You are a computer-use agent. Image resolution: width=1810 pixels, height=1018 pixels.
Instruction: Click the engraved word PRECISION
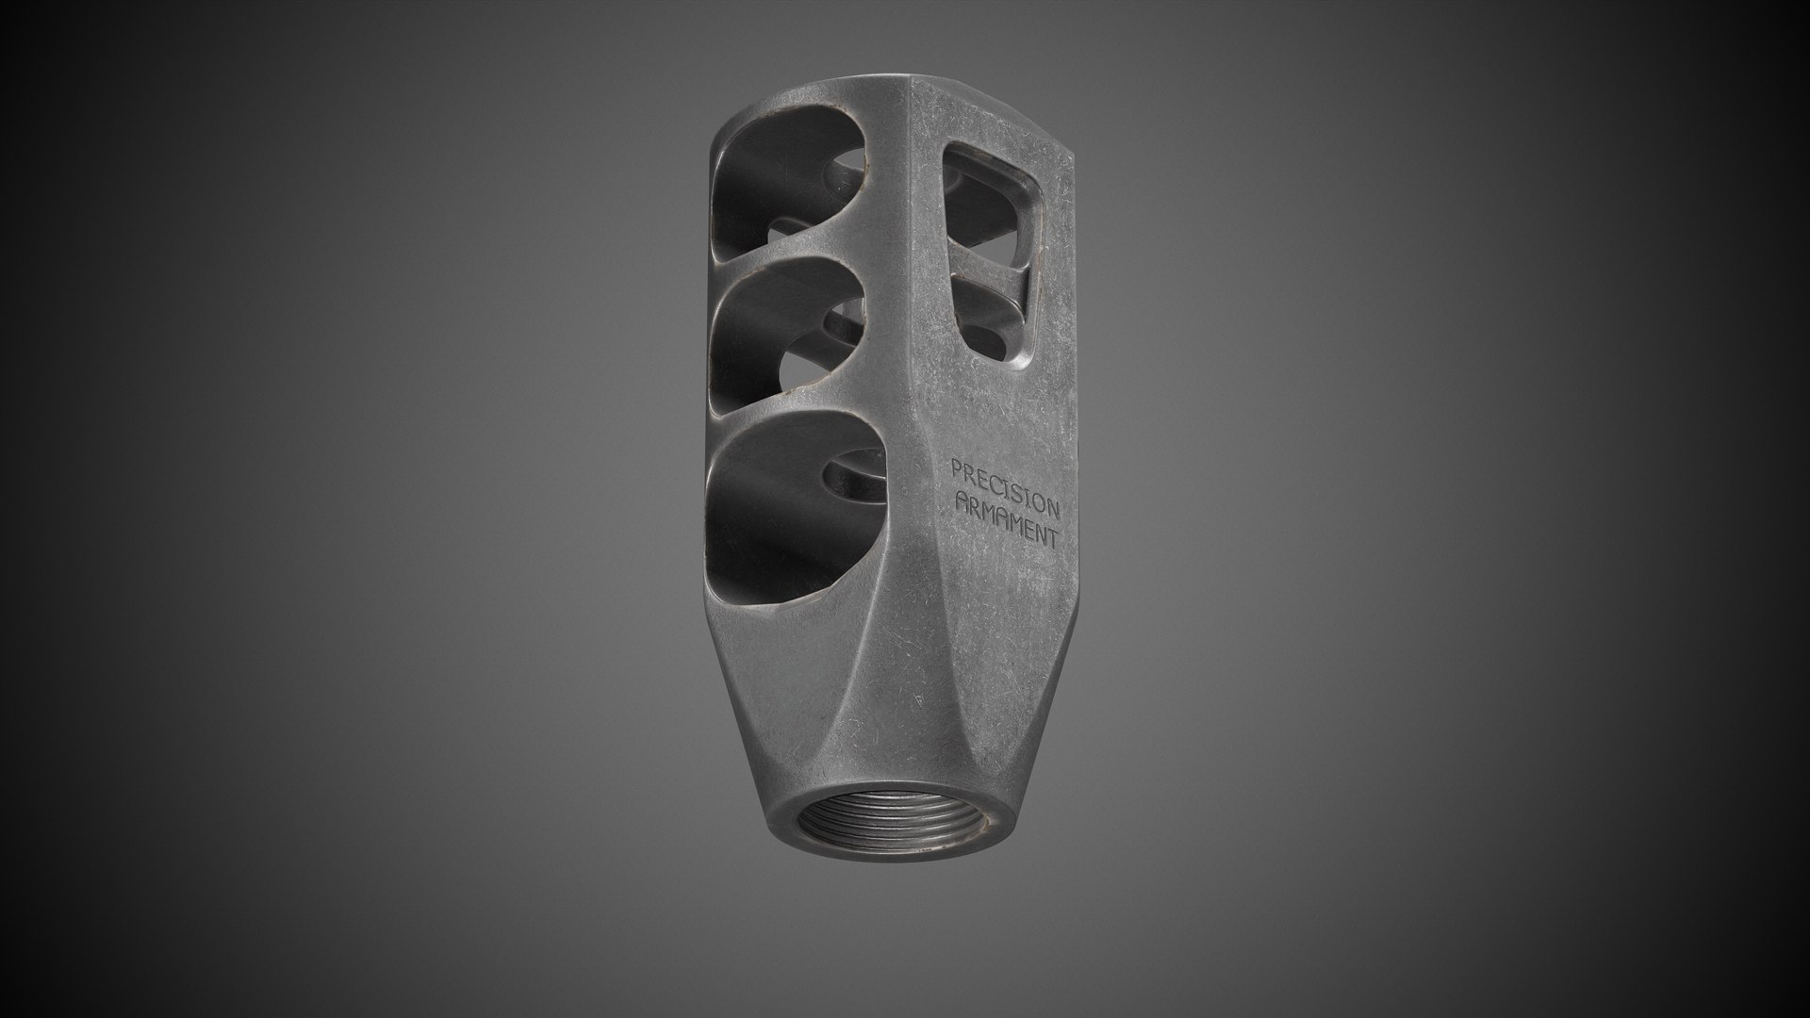1006,487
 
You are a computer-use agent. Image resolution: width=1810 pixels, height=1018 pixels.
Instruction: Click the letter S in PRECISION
1020,493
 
